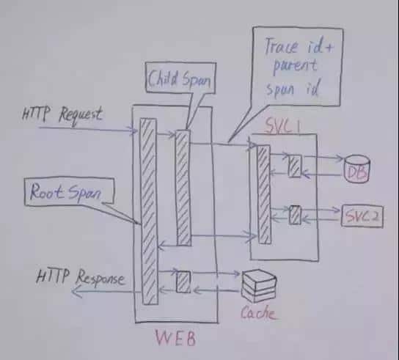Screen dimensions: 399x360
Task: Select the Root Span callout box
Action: (69, 191)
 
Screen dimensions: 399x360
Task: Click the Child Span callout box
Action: (180, 78)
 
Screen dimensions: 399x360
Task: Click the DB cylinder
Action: (356, 169)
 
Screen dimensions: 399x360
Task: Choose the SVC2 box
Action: (362, 216)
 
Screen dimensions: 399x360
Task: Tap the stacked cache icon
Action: (258, 286)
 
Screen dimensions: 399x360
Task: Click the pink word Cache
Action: (257, 312)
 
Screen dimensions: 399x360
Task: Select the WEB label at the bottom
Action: (175, 337)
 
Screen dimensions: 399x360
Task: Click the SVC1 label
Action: (282, 125)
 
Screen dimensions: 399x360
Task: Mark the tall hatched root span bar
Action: (149, 211)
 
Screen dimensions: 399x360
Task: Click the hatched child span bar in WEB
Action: (183, 188)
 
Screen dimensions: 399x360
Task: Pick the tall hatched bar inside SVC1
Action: (264, 194)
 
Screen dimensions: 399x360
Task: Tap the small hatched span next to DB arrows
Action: (295, 166)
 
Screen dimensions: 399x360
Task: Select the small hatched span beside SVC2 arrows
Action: (295, 215)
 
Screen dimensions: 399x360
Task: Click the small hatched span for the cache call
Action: (183, 282)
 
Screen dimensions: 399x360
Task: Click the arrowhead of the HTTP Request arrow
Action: (134, 131)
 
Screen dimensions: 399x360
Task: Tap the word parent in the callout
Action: (295, 67)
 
